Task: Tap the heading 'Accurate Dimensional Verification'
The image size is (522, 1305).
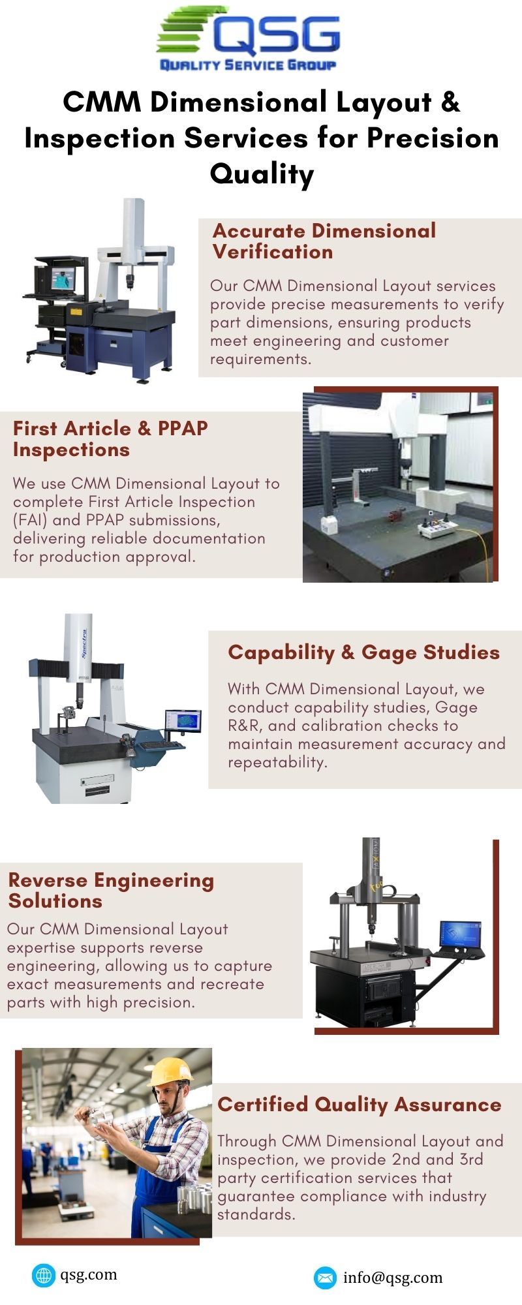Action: tap(324, 241)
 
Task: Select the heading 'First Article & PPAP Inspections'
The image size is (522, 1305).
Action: tap(110, 438)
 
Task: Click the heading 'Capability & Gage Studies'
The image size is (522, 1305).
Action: tap(363, 652)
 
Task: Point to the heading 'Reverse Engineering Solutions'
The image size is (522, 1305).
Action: tap(111, 890)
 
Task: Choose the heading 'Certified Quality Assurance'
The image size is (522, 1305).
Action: tap(359, 1104)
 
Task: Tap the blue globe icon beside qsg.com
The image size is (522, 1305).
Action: tap(43, 1275)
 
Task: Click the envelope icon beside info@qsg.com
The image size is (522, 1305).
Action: tap(324, 1278)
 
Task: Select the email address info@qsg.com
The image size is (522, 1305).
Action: tap(393, 1278)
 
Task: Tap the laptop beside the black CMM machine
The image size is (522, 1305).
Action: tap(461, 937)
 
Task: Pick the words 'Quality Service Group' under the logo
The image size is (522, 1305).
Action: tap(248, 65)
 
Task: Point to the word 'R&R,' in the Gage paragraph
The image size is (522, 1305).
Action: tap(246, 726)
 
